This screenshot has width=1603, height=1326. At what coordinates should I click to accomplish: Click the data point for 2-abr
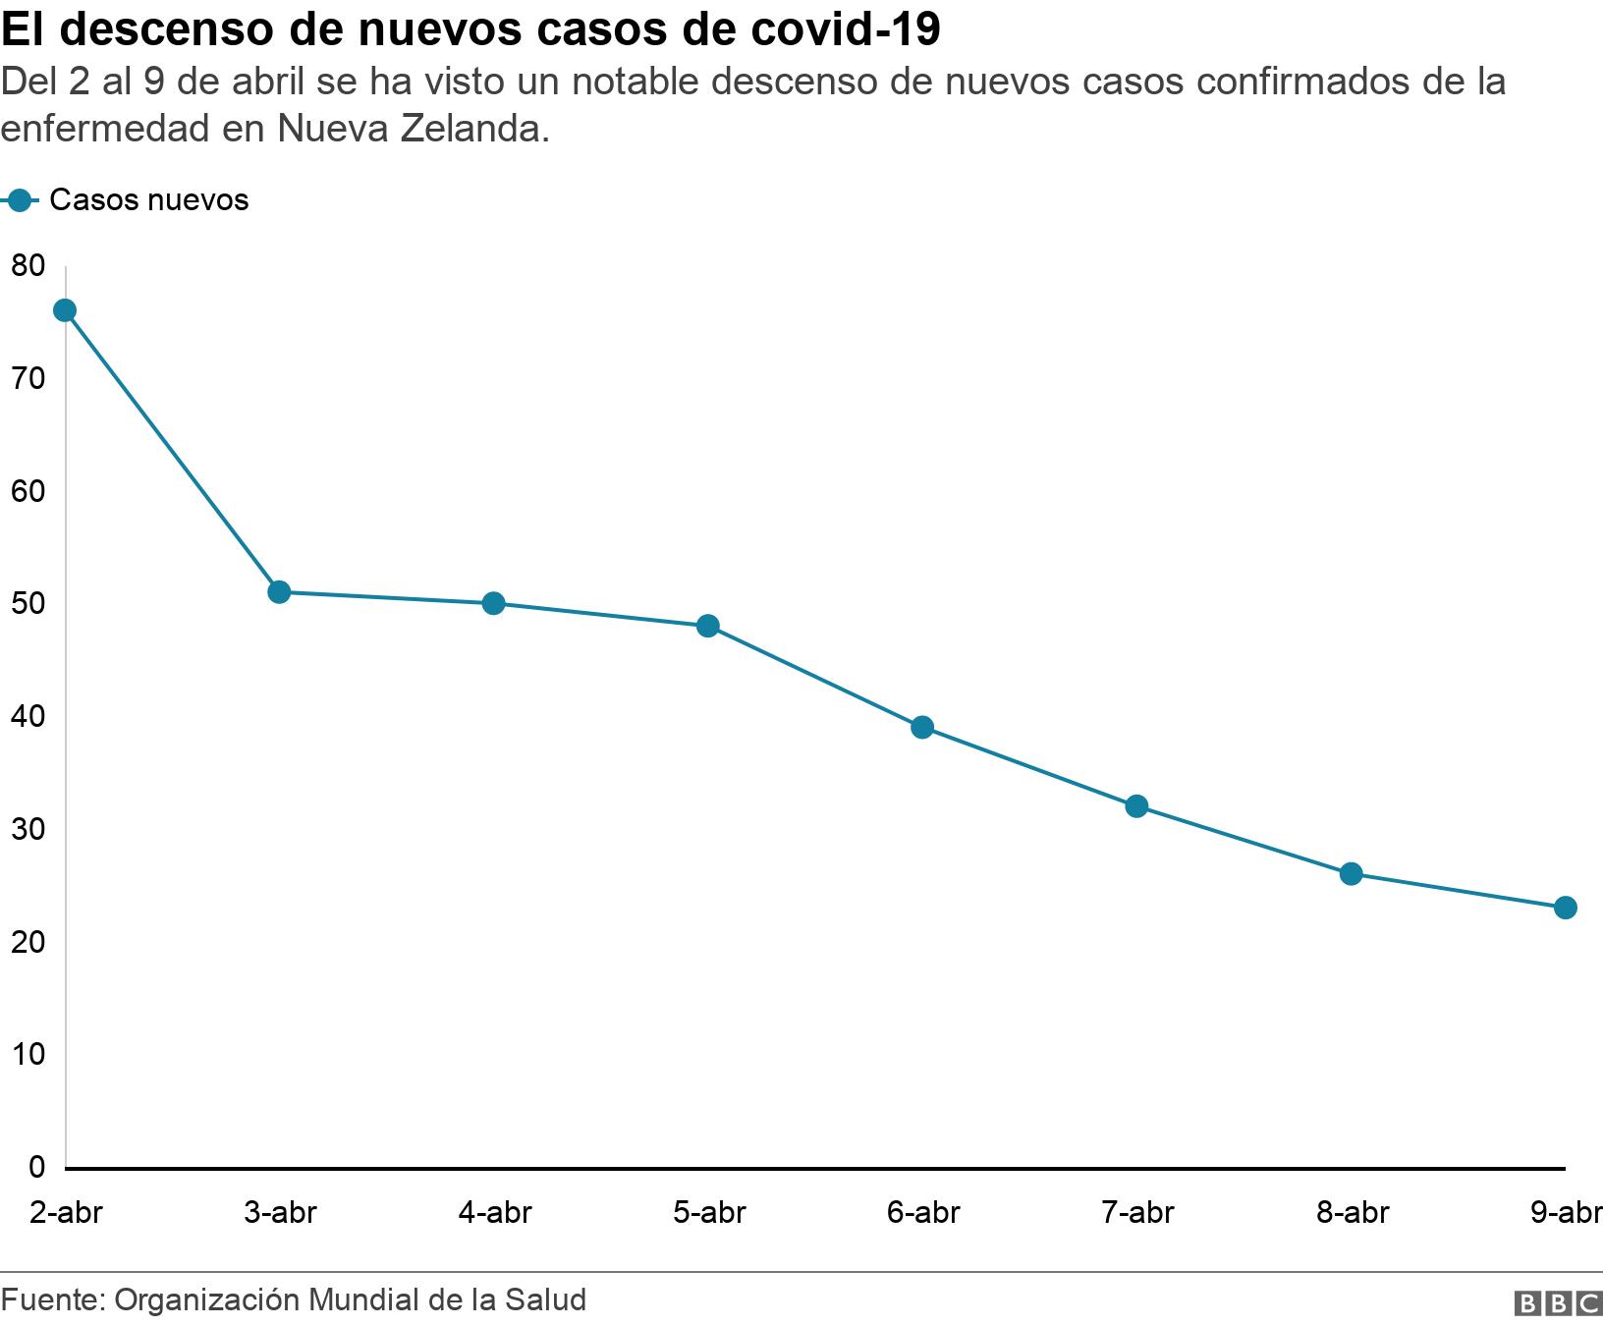point(65,311)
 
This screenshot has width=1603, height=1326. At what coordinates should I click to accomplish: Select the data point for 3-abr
point(279,592)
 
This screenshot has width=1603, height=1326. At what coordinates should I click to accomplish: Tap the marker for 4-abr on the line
point(494,603)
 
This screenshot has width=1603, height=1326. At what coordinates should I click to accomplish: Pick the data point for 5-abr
point(708,626)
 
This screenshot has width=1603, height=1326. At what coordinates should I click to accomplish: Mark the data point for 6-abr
point(922,728)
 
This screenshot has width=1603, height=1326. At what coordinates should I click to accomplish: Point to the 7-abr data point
point(1136,806)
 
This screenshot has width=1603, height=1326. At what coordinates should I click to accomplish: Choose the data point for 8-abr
point(1352,874)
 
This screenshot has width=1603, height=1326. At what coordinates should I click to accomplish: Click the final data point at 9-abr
point(1566,908)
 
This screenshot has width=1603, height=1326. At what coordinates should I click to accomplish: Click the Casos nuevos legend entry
point(147,200)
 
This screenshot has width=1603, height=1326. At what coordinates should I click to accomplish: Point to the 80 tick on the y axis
point(28,265)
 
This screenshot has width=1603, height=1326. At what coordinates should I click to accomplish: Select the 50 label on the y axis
point(28,603)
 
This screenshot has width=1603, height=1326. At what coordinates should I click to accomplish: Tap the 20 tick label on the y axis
point(28,942)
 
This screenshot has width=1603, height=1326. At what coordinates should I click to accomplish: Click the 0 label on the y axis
point(36,1167)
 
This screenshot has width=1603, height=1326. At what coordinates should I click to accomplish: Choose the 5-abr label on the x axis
point(709,1213)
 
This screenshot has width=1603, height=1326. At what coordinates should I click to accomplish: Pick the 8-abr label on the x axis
point(1353,1213)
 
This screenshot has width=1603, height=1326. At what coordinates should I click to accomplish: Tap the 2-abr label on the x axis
point(66,1213)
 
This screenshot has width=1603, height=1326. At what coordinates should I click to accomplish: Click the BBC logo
point(1558,1302)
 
